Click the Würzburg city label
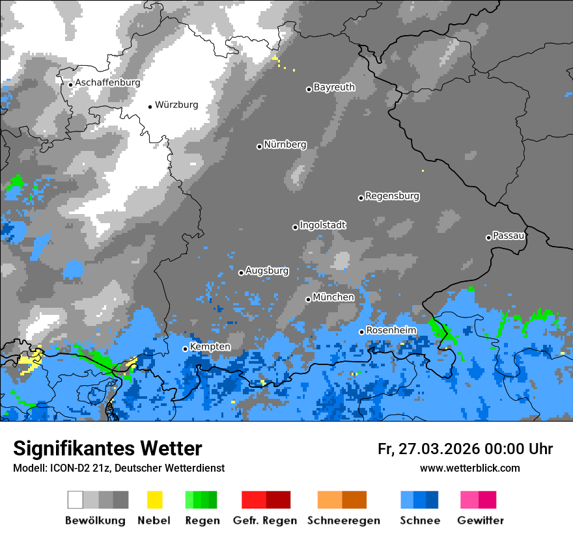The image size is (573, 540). (176, 105)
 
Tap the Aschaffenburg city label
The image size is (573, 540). (107, 83)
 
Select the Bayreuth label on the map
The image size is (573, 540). (334, 87)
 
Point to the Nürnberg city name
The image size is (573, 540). (285, 144)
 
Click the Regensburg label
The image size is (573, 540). (392, 196)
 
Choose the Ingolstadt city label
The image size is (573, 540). (323, 225)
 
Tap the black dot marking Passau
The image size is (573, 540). (488, 237)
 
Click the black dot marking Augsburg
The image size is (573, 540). (241, 273)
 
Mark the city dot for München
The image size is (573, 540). (308, 299)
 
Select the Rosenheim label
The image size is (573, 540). (391, 331)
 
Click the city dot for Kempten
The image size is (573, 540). (185, 349)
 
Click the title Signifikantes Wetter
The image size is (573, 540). (107, 449)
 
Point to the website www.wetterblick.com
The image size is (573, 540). (469, 468)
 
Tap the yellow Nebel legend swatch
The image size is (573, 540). (155, 500)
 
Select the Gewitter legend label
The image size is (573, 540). (480, 520)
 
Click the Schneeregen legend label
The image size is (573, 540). (342, 520)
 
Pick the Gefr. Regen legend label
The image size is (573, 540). (265, 520)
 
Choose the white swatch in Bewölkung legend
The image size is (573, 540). (76, 500)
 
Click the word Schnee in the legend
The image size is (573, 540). (419, 520)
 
